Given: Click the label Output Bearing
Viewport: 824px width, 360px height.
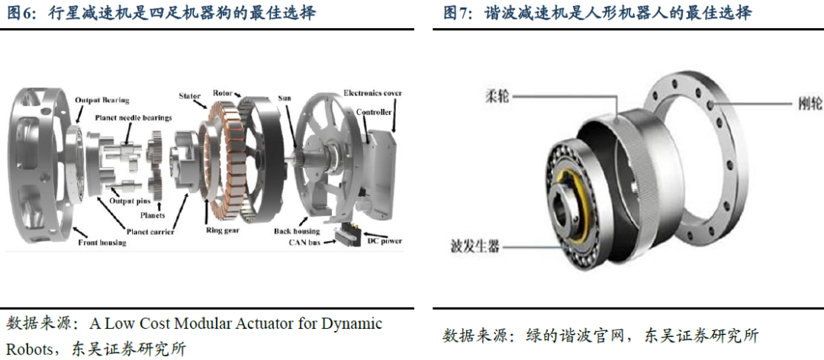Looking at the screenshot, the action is pos(101,100).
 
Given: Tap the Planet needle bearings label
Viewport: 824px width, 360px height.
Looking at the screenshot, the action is pos(134,117).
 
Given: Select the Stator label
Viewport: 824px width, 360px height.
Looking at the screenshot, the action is pos(189,97).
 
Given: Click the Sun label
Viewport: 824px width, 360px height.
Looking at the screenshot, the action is pos(285,98).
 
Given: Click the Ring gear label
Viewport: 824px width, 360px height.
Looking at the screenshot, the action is pos(223,229).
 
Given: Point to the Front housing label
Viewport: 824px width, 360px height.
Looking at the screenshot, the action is pos(102,243).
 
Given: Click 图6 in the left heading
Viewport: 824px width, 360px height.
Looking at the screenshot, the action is pos(21,13).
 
